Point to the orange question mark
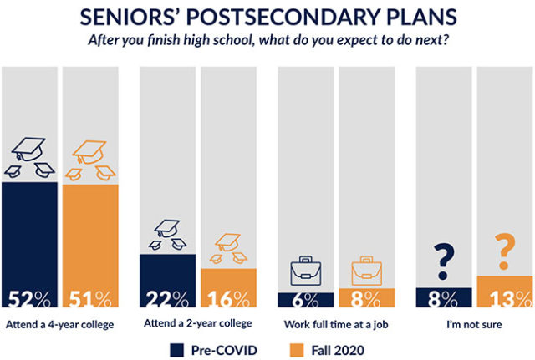[x=504, y=251]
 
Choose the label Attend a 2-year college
[x=198, y=324]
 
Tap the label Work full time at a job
[x=336, y=324]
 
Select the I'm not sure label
[x=474, y=324]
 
